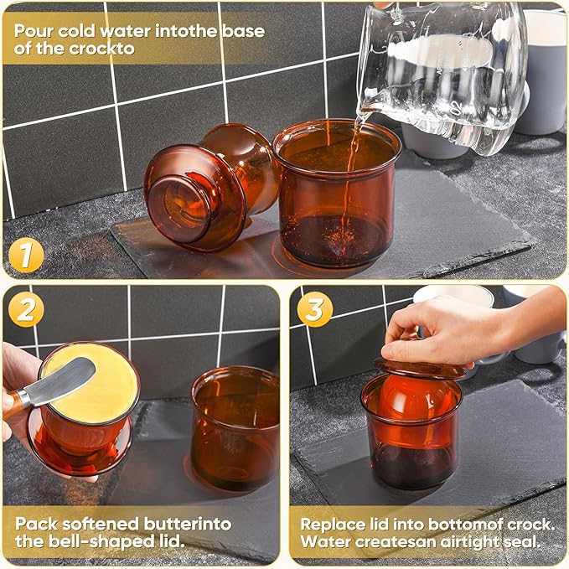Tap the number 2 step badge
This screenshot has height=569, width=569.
click(x=27, y=311)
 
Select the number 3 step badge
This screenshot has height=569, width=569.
click(x=315, y=310)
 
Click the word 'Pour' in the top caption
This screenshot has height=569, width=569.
click(x=34, y=31)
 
